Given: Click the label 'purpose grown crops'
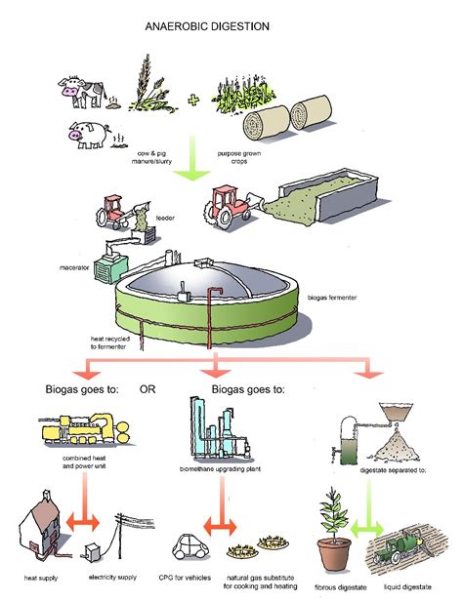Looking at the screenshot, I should click(233, 156).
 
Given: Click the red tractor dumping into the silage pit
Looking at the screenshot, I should click(227, 207).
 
